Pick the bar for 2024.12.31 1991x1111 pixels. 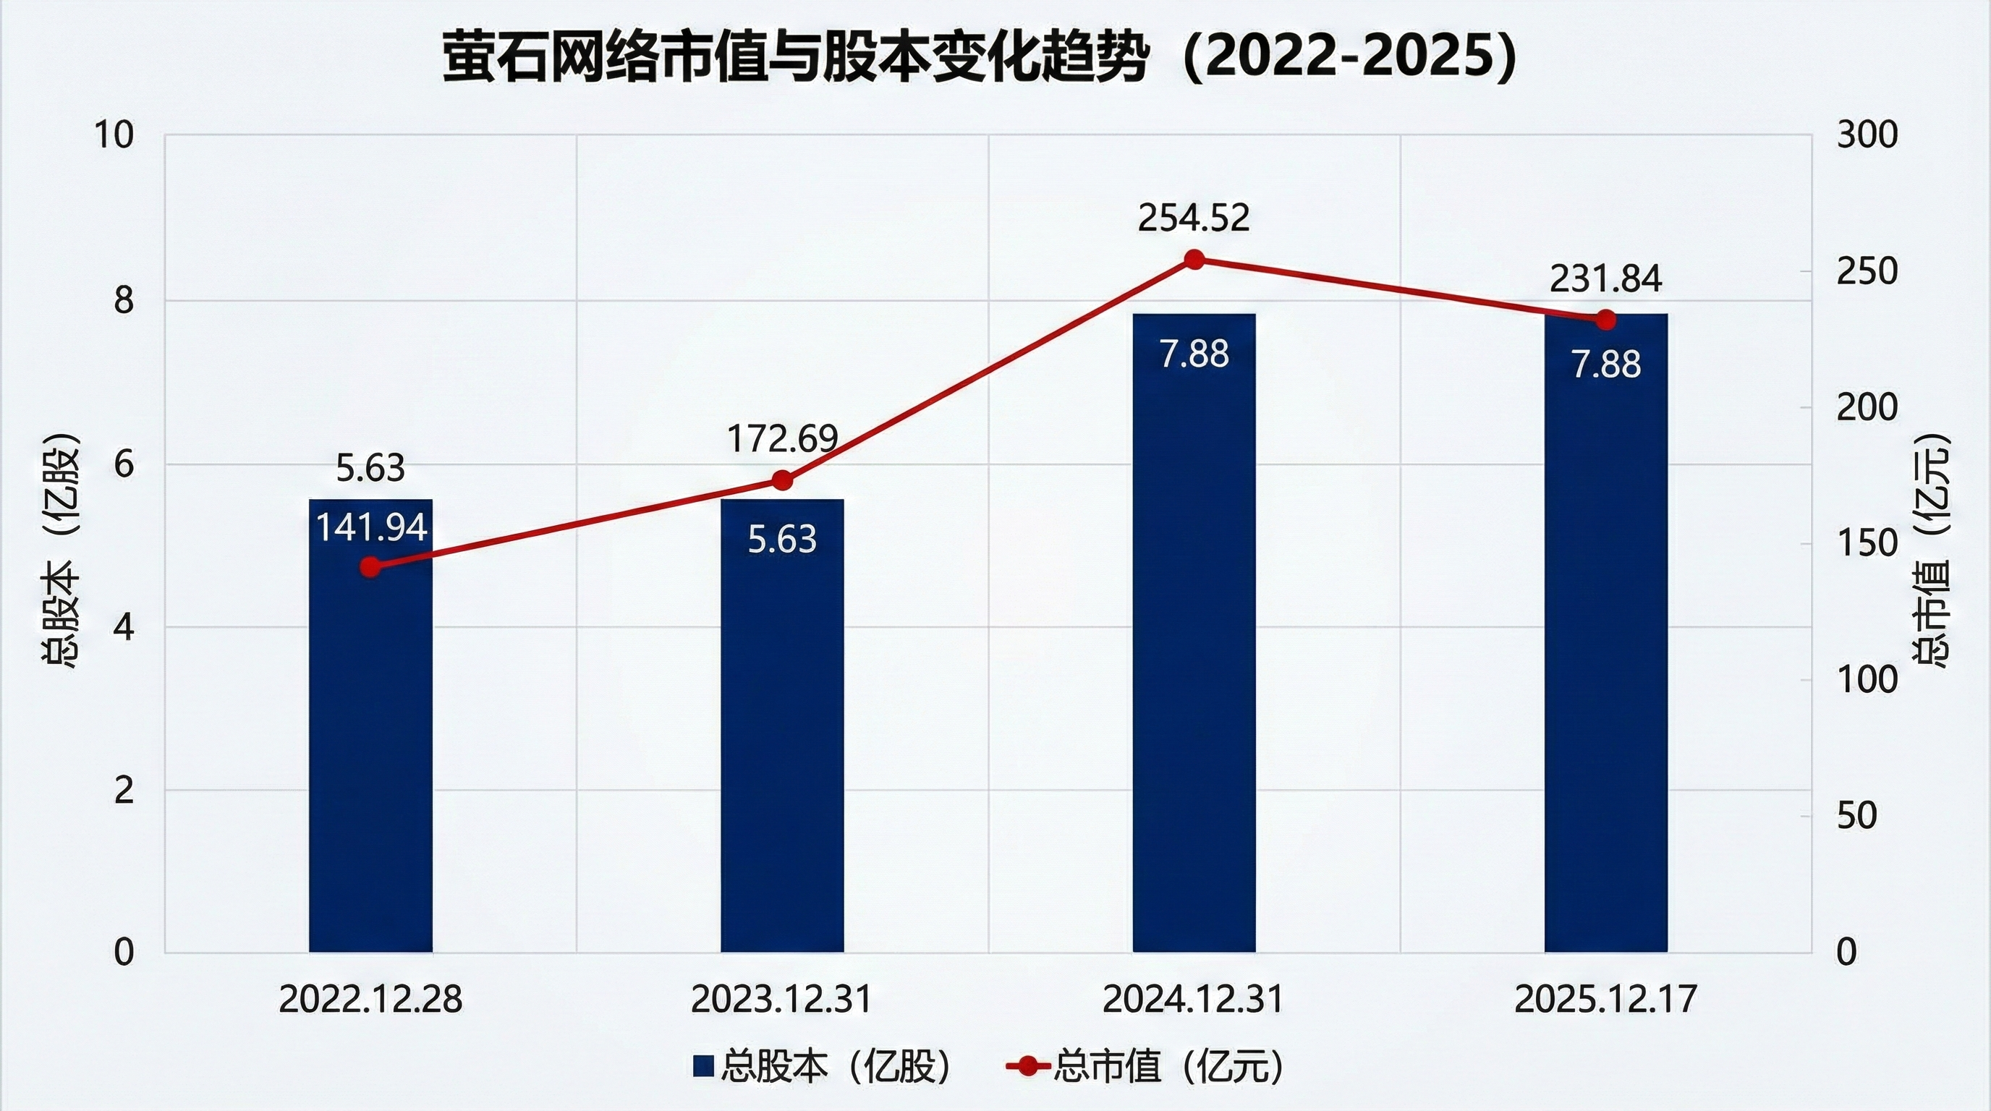tap(1194, 657)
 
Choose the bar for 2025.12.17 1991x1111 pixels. tap(1606, 657)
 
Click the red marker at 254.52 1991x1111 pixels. tap(1194, 260)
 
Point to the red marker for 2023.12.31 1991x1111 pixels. tap(782, 480)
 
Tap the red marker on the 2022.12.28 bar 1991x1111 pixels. tap(371, 567)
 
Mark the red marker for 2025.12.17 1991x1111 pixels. tap(1606, 320)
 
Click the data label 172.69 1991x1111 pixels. tap(782, 439)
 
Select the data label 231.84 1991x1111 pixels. tap(1605, 279)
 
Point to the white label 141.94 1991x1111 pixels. tap(371, 528)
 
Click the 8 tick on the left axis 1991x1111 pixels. tap(124, 301)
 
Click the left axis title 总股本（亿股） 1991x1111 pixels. tap(60, 550)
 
